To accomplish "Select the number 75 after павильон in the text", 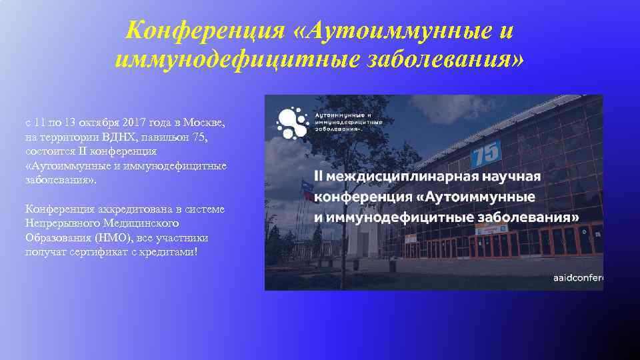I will (200, 138).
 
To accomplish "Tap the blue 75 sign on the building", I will (487, 155).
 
